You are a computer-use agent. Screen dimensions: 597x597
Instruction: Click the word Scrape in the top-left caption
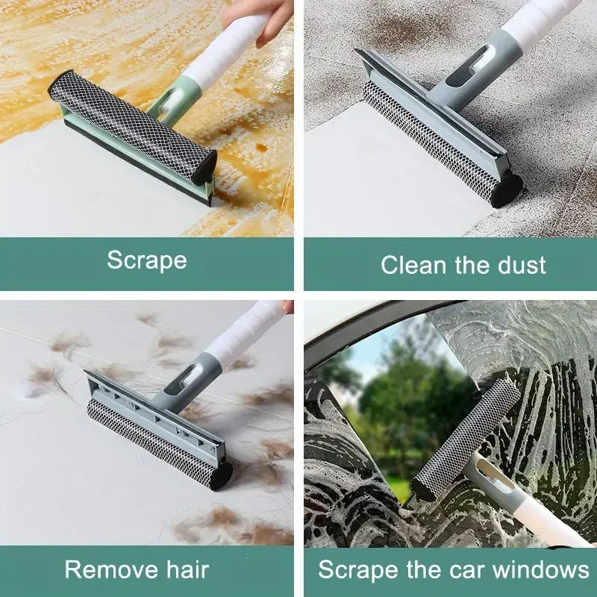(146, 260)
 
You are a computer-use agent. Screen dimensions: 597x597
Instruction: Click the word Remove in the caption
(110, 571)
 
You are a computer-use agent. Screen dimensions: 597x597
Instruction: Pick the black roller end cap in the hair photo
(221, 475)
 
